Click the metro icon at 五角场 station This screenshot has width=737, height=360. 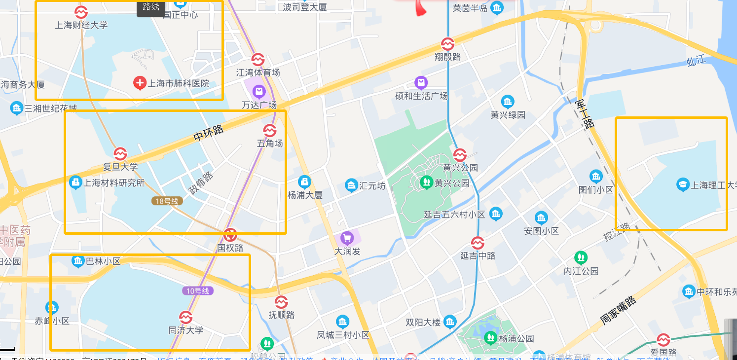point(270,130)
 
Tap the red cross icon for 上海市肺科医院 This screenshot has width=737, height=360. point(140,83)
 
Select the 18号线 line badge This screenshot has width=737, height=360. point(167,201)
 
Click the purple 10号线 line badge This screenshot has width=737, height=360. point(198,291)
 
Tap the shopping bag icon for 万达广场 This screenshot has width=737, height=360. point(259,91)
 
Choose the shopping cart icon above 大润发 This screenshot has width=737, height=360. point(347,239)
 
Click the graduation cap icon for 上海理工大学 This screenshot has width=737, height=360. point(683,185)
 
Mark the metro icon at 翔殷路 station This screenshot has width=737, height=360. point(447,44)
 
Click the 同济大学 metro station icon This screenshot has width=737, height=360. point(185,317)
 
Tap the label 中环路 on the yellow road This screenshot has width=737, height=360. point(208,134)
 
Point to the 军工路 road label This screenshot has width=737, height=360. point(585,114)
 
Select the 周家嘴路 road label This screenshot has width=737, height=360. point(619,309)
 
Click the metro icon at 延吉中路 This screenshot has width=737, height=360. point(478,243)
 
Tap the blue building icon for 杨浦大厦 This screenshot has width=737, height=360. point(305,182)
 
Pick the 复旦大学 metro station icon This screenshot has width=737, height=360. point(120,154)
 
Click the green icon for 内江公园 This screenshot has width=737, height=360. point(581,257)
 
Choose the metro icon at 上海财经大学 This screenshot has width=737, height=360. point(81,11)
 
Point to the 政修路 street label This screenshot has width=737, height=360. point(201,182)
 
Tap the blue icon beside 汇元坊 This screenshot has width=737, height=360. point(351,185)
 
